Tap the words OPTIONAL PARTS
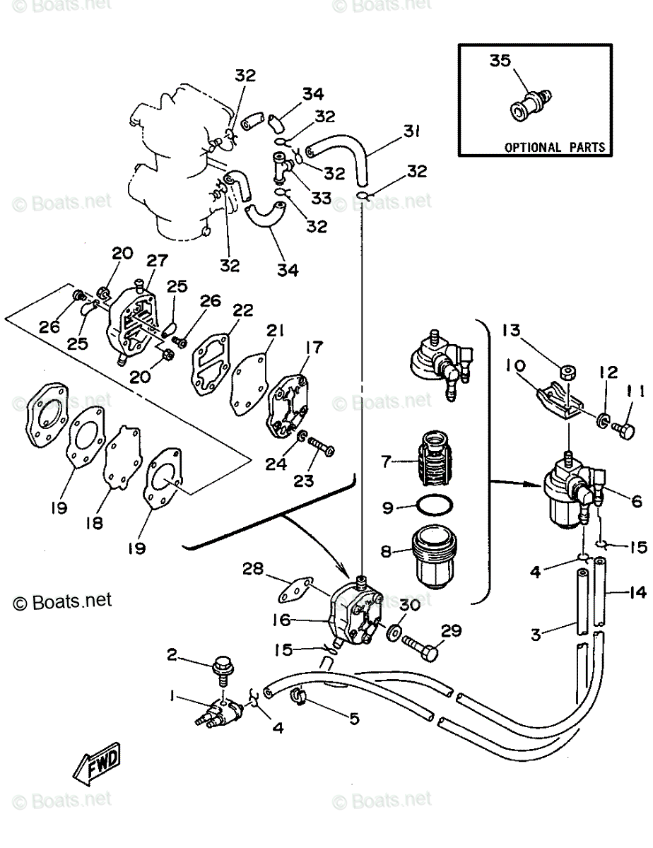(x=554, y=148)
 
